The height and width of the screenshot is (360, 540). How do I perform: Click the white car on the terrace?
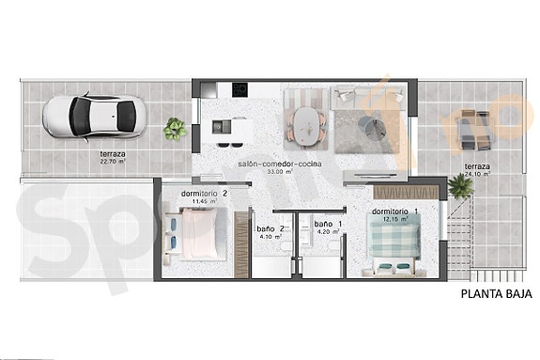point(93,115)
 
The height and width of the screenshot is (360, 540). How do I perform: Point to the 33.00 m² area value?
point(280,172)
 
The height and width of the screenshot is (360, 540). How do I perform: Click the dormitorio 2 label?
point(204,194)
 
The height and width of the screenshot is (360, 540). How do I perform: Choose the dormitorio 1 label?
point(395,211)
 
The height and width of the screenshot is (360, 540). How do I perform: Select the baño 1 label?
point(329,224)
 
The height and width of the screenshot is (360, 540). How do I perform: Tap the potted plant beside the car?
point(175,129)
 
